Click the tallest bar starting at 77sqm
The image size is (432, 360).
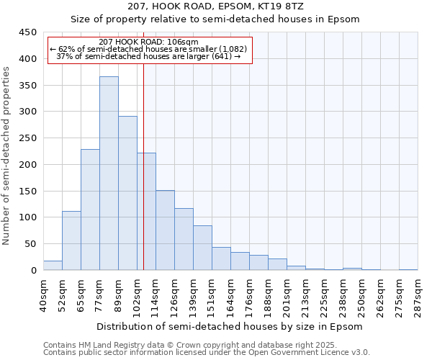point(109,173)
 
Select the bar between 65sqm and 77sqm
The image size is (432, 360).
point(90,210)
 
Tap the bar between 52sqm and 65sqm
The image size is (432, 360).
point(71,240)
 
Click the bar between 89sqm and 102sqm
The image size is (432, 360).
point(127,193)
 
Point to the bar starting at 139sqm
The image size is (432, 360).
point(202,248)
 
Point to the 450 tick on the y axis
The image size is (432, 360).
point(28,32)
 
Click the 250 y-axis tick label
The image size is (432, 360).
point(28,138)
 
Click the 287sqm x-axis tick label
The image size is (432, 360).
point(418,294)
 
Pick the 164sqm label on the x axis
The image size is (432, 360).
point(230,294)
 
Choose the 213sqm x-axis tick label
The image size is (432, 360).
point(305,294)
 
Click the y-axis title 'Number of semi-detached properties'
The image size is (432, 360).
point(7,156)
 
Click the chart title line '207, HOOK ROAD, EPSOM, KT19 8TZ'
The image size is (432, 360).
point(215,6)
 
